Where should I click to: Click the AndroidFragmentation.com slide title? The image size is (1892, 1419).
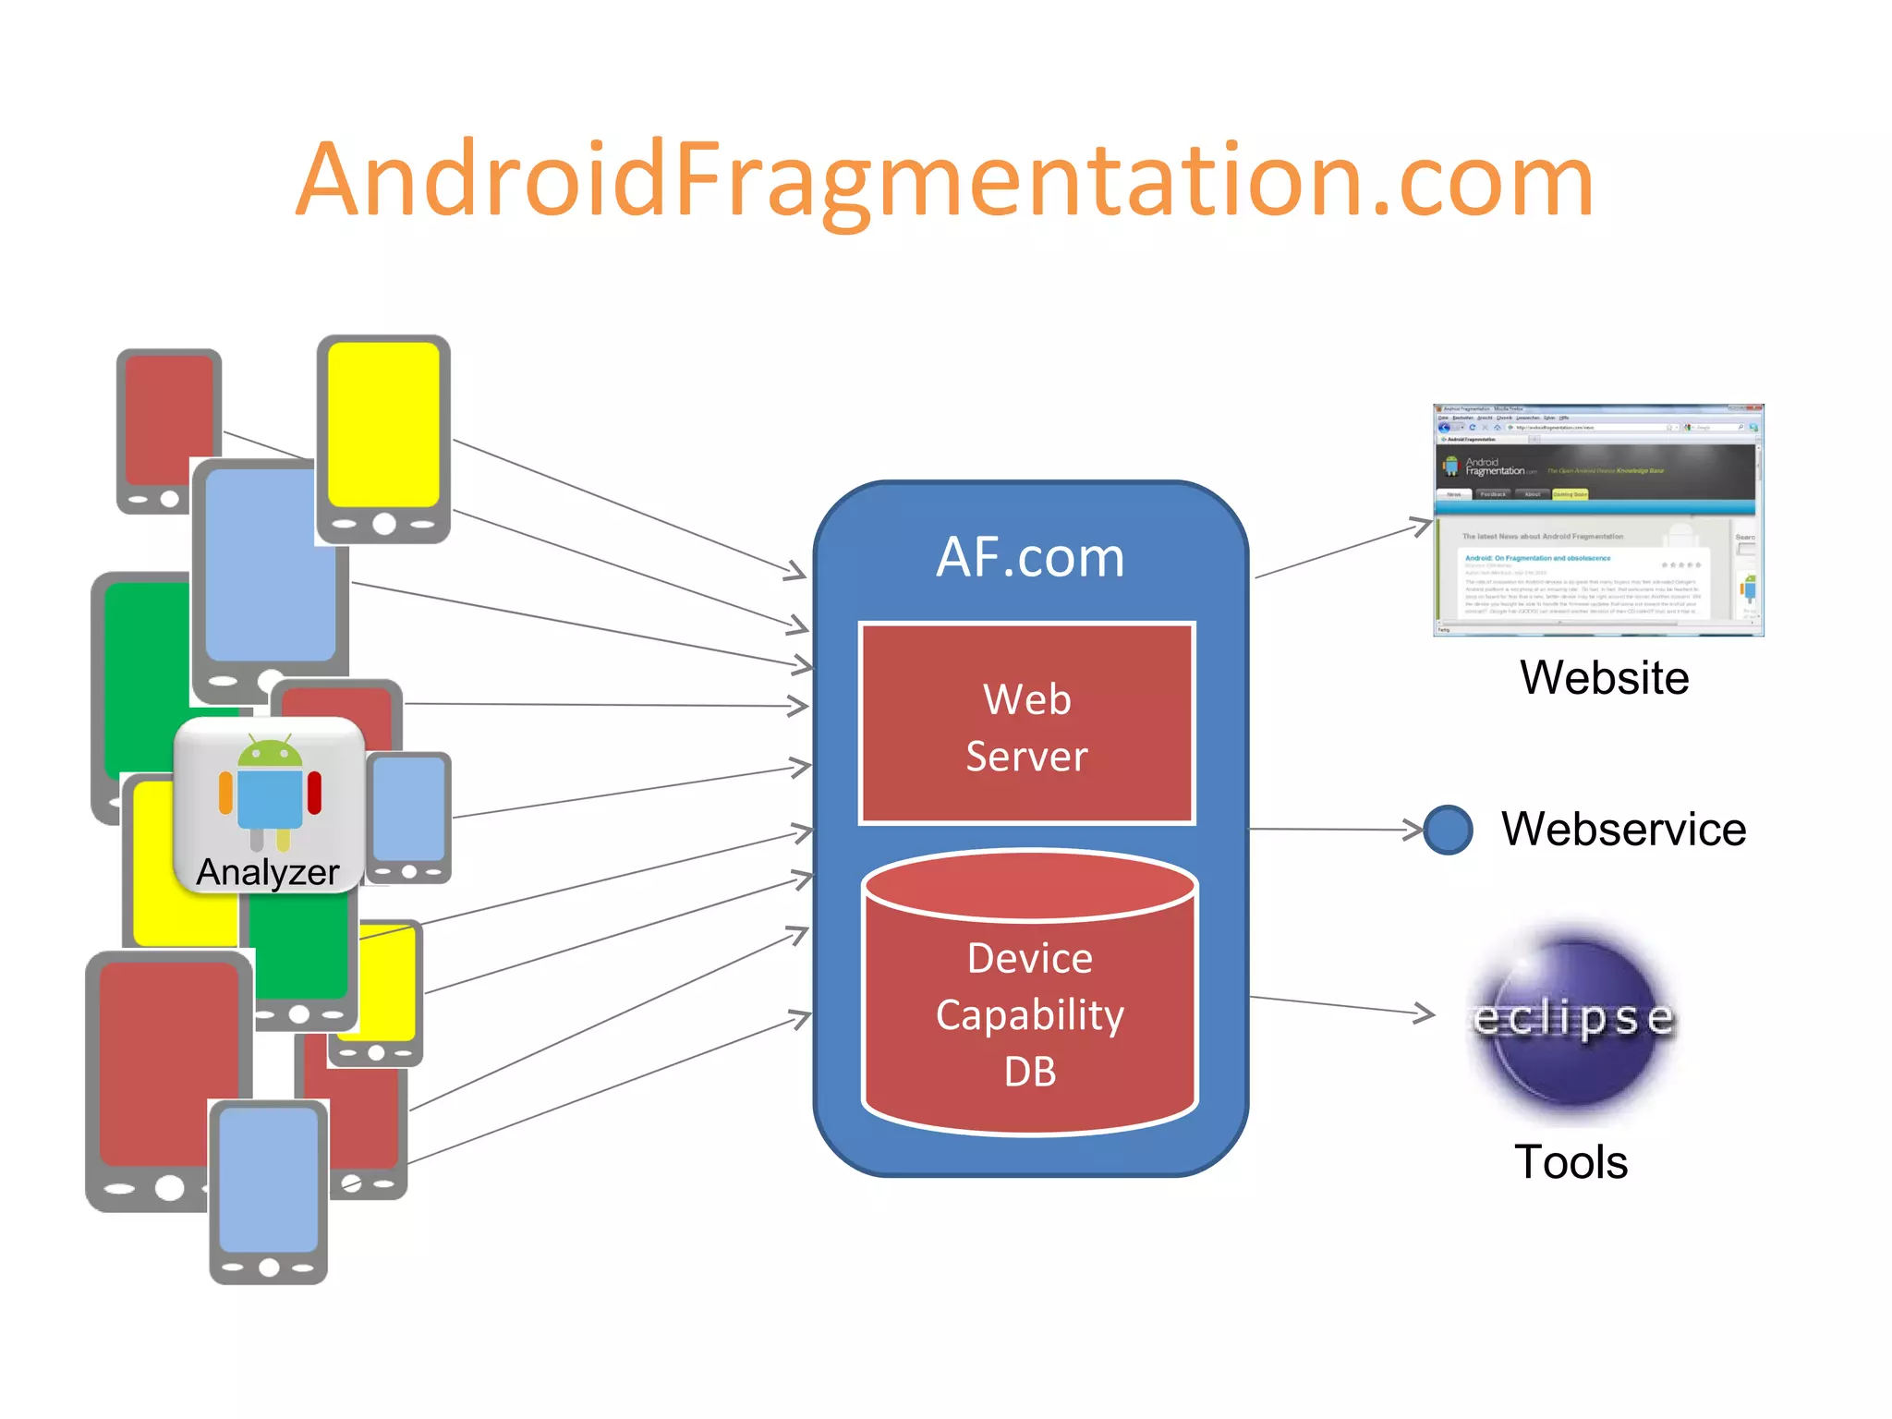click(x=944, y=180)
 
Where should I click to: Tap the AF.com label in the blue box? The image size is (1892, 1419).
click(x=1030, y=557)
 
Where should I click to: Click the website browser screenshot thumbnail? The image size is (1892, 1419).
click(x=1598, y=520)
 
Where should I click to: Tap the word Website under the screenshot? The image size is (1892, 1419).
click(x=1605, y=678)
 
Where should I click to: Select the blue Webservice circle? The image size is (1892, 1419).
click(x=1448, y=830)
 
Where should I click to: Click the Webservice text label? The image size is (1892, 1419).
click(x=1623, y=830)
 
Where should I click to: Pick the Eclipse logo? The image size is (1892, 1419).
click(x=1573, y=1021)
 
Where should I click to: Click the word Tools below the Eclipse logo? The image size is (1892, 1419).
click(x=1571, y=1162)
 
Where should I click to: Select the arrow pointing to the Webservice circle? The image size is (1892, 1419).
click(x=1335, y=829)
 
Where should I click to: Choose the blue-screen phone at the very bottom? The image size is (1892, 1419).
click(x=269, y=1192)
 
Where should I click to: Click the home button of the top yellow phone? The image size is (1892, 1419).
click(x=384, y=524)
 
